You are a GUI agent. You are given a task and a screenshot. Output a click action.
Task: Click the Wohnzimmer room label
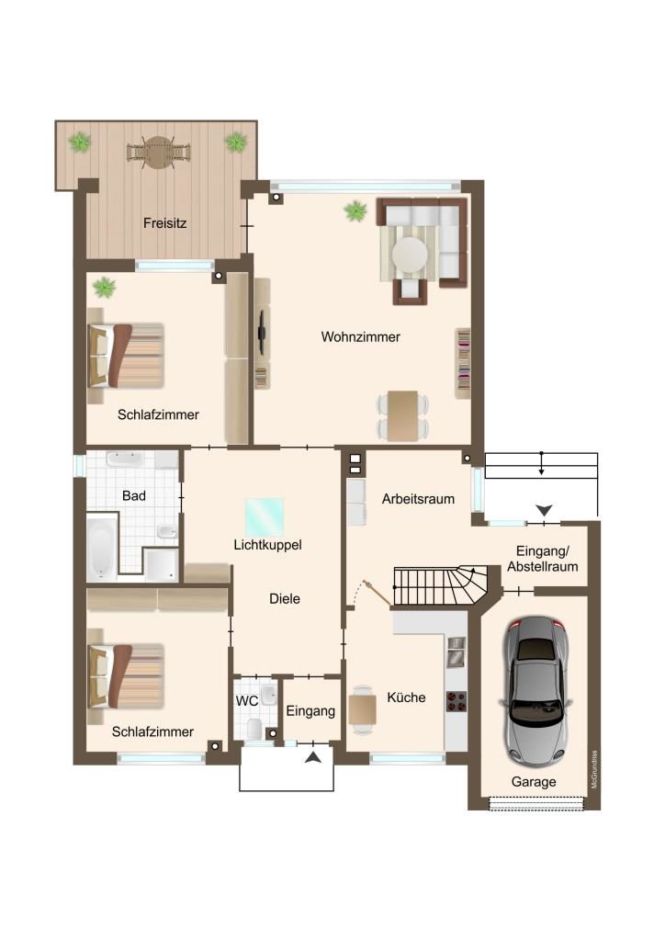click(360, 336)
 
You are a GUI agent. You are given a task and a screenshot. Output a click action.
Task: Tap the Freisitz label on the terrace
click(165, 223)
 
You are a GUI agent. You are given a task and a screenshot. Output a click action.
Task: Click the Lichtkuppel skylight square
click(265, 516)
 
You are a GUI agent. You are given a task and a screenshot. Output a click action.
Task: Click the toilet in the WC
click(254, 729)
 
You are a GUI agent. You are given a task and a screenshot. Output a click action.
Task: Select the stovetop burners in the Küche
click(456, 701)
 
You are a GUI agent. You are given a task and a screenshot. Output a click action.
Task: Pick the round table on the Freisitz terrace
click(158, 153)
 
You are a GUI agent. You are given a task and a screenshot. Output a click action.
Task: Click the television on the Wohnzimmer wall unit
click(262, 332)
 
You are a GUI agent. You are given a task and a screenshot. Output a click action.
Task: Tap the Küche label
click(406, 697)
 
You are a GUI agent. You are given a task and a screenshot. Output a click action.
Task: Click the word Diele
click(284, 598)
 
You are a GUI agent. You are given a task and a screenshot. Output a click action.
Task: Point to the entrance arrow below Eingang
click(313, 757)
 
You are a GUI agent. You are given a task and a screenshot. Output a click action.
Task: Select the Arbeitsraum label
click(418, 499)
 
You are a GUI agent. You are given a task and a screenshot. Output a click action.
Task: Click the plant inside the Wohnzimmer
click(356, 210)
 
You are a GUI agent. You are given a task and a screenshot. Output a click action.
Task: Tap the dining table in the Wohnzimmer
click(402, 416)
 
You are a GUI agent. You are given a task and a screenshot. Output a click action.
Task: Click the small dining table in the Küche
click(362, 709)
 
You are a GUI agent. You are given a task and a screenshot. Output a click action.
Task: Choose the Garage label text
click(534, 782)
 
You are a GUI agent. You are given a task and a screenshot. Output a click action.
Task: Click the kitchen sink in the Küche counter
click(456, 652)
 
